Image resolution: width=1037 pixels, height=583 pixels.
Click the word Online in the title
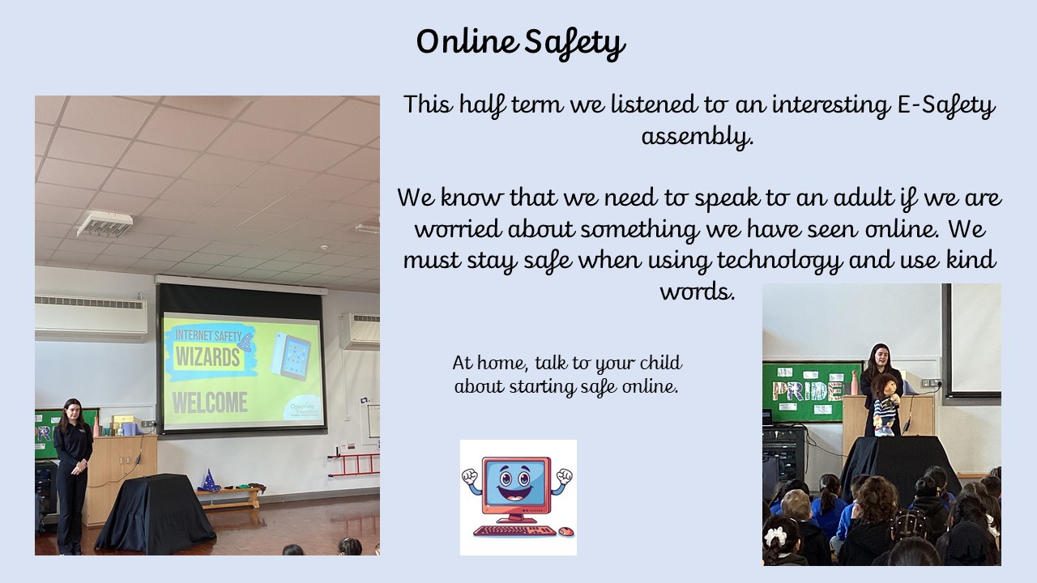click(x=467, y=41)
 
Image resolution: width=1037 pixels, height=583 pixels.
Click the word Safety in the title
click(x=575, y=44)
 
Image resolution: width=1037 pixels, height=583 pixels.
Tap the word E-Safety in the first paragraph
click(x=945, y=106)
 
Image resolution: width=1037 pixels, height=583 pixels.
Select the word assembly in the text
click(x=697, y=137)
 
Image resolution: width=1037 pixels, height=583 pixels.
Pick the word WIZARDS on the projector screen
click(x=208, y=357)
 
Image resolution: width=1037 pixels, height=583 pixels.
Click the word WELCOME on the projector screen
click(x=210, y=402)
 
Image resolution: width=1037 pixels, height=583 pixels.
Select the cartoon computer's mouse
click(x=565, y=532)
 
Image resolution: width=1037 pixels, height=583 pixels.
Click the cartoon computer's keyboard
click(x=514, y=530)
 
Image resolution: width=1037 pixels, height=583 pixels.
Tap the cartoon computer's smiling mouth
click(x=516, y=494)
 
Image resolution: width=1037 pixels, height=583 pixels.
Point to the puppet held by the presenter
click(x=885, y=405)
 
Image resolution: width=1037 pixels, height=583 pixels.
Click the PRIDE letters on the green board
click(x=805, y=391)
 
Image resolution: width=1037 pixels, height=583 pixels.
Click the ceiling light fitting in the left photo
click(x=105, y=223)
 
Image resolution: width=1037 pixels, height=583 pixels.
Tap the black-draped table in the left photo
click(x=156, y=513)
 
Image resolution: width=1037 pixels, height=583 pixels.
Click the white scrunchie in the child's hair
click(x=775, y=536)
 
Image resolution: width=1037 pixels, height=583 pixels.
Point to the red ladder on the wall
click(x=354, y=465)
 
